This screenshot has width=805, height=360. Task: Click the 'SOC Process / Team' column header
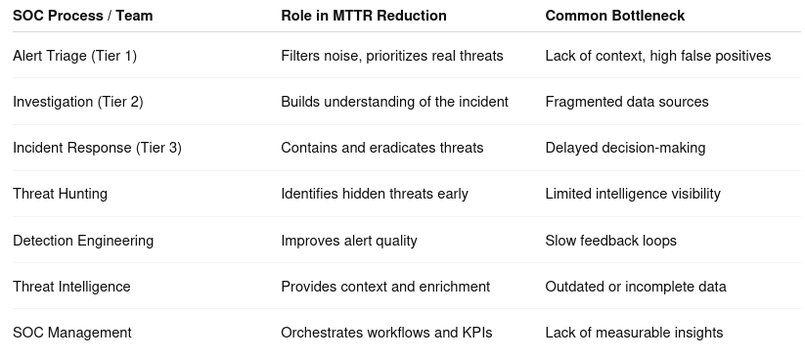point(83,16)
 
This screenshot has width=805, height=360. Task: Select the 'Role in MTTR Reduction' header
point(364,16)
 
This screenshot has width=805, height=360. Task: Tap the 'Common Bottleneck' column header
point(615,16)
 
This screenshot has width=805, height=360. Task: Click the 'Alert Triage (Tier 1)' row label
point(75,56)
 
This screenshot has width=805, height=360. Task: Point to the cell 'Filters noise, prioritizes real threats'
point(392,56)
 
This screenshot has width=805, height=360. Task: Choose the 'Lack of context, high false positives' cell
point(658,56)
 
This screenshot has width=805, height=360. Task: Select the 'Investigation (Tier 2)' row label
point(78,102)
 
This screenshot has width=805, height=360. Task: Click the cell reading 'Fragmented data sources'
point(627,102)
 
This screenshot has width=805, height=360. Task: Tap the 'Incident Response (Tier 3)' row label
point(97,148)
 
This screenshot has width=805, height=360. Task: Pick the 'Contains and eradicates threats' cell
point(382,148)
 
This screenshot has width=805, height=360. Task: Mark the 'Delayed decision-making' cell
point(625,148)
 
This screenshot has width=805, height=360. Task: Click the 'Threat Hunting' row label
point(60,194)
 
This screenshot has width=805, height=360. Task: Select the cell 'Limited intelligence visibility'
point(633,194)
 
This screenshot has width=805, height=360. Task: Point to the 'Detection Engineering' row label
point(83,241)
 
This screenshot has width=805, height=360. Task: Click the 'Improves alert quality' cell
point(349,241)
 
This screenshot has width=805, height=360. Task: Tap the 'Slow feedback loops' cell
point(611,241)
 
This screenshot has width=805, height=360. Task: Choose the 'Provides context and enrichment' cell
point(385,287)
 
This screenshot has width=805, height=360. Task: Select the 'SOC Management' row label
point(72,333)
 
